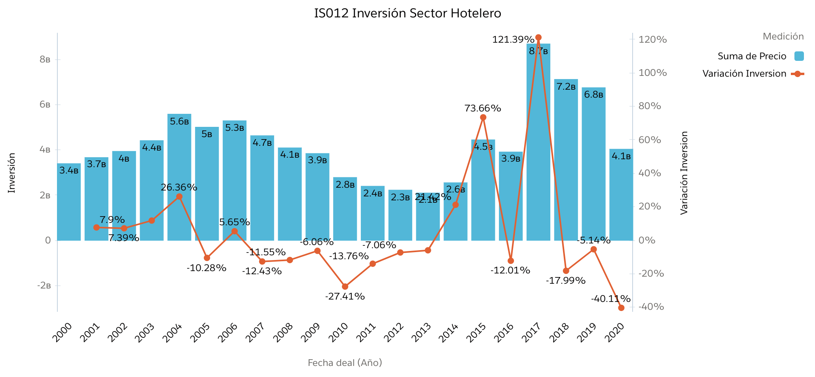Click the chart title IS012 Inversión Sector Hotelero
click(407, 13)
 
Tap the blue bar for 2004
click(179, 178)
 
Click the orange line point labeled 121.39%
click(538, 38)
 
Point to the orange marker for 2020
click(621, 308)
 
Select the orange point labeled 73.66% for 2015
click(483, 117)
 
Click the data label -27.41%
click(345, 296)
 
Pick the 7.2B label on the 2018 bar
click(566, 87)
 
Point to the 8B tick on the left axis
click(45, 60)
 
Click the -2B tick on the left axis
click(44, 286)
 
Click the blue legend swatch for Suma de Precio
click(799, 56)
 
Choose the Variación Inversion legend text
click(744, 74)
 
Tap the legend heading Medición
click(783, 37)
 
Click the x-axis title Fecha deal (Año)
click(345, 363)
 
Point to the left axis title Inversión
click(12, 173)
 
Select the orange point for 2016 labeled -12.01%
click(511, 261)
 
